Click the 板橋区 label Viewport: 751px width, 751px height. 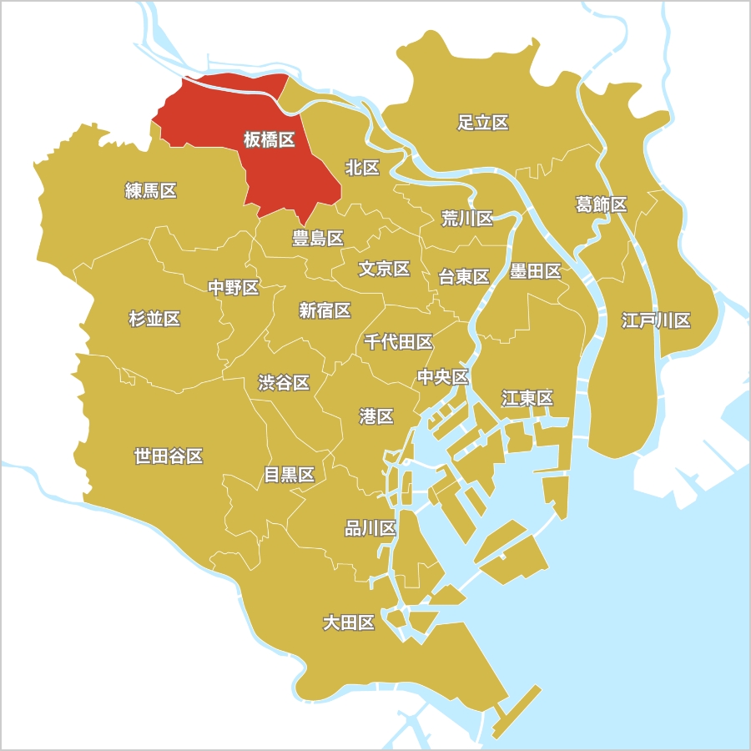269,139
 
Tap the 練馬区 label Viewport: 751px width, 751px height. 151,190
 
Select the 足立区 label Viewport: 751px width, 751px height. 483,123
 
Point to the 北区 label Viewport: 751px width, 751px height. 362,168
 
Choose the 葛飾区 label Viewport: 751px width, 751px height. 601,204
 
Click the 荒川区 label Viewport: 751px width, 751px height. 466,219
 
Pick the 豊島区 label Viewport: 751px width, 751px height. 317,238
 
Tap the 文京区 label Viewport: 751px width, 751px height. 384,269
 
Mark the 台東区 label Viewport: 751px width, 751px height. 464,277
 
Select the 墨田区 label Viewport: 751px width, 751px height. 535,270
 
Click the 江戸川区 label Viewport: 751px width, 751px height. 656,320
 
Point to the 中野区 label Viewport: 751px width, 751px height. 233,288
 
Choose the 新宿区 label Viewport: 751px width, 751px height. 325,310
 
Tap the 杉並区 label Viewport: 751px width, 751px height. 154,318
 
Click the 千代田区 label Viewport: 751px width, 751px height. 398,341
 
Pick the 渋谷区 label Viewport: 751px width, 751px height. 284,382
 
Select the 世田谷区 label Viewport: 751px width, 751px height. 169,456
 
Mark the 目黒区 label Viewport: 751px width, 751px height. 289,475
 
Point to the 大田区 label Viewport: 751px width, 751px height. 349,622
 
